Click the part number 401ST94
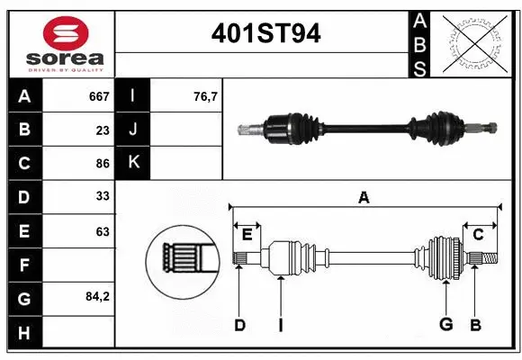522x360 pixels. (x=265, y=33)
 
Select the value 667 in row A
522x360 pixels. (x=99, y=96)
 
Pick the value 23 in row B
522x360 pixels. (x=103, y=130)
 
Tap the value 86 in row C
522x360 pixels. (x=103, y=164)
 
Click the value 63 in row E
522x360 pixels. (x=103, y=231)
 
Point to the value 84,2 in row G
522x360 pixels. (x=96, y=297)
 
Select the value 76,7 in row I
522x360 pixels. (x=206, y=96)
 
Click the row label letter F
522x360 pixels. (x=24, y=265)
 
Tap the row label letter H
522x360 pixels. (x=24, y=333)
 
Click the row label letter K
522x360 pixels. (x=133, y=163)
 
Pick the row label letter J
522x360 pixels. (x=133, y=130)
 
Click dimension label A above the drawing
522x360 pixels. (x=364, y=197)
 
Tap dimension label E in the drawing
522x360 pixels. (x=247, y=234)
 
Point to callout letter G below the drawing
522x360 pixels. (x=445, y=325)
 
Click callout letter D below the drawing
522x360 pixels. (x=239, y=325)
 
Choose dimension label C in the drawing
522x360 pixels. (x=478, y=234)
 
